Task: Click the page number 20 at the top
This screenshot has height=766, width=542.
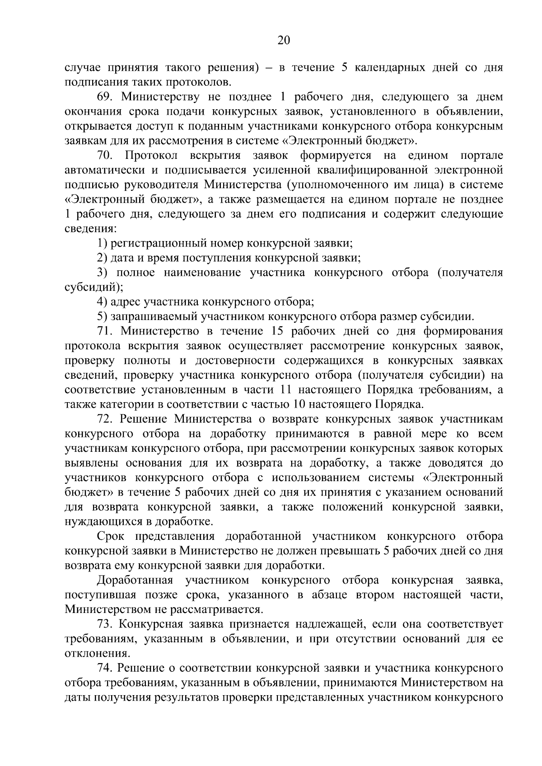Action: pos(283,41)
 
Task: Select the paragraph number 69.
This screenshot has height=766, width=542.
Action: pos(105,97)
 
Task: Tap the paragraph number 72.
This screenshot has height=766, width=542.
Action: pos(105,419)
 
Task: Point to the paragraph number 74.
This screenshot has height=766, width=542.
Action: pos(105,668)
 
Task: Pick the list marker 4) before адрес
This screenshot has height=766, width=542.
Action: pos(102,302)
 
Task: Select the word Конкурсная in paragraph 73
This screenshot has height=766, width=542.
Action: pos(151,624)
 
